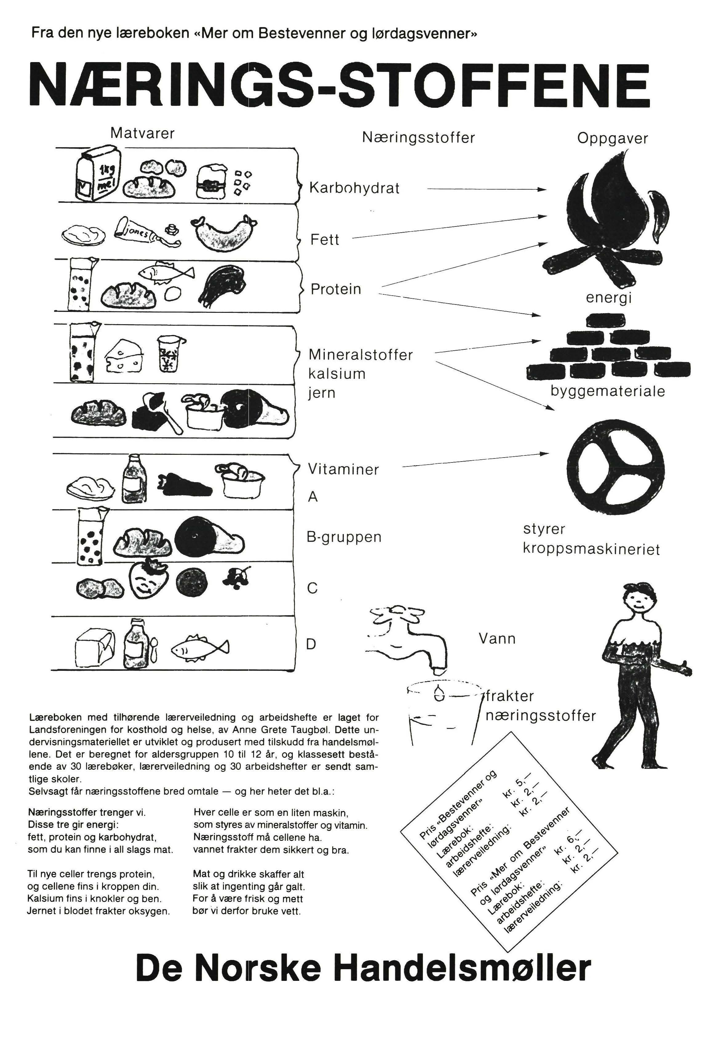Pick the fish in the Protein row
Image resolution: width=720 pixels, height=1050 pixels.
click(165, 273)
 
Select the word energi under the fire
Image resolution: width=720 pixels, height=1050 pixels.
click(608, 298)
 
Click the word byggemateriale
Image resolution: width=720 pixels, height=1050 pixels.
click(607, 391)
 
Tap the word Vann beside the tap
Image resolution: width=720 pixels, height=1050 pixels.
click(497, 639)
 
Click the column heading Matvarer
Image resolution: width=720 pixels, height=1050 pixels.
click(142, 133)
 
